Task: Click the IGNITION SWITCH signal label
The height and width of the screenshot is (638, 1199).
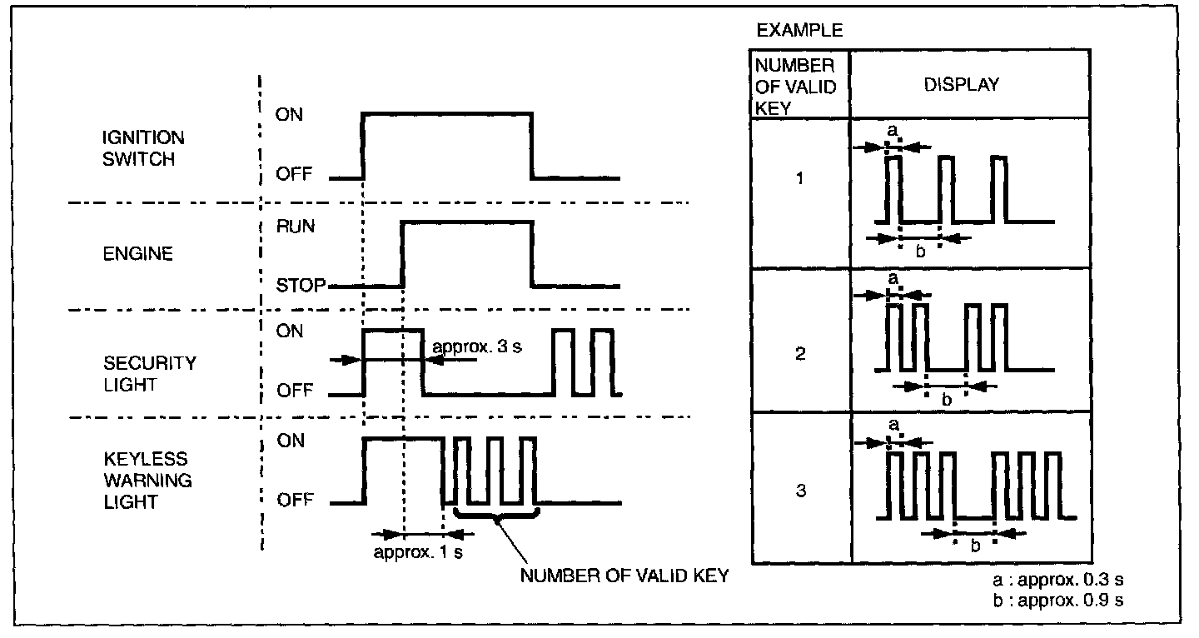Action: coord(144,147)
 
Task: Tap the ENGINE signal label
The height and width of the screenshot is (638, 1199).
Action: coord(137,254)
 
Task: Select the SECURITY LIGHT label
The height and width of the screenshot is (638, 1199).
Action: coord(150,374)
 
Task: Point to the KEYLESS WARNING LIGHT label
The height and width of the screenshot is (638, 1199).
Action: coord(147,481)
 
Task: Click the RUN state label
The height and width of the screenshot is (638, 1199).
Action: coord(296,227)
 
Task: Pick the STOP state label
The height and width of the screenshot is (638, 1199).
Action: coord(300,287)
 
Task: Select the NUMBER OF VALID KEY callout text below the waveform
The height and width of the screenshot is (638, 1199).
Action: coord(624,576)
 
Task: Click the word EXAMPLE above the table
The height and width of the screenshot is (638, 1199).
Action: coord(799,31)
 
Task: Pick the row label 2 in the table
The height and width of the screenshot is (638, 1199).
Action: coord(800,354)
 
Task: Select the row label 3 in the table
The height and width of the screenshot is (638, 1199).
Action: coord(800,491)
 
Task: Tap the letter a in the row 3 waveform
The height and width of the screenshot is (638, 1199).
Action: coord(894,425)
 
